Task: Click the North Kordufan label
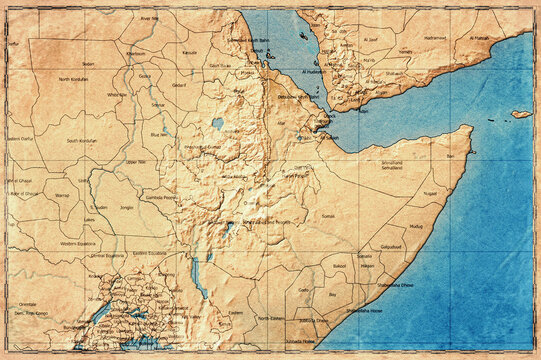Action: [74, 78]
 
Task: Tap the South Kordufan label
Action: [85, 141]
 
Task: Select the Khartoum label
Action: [136, 53]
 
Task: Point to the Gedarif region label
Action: [179, 86]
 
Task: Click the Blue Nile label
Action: [158, 133]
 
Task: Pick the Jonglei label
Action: [126, 208]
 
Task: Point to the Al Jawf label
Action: [371, 39]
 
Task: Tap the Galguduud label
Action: [391, 246]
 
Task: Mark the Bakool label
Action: [339, 266]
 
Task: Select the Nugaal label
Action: [431, 193]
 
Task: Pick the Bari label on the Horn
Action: [451, 157]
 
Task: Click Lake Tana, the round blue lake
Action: [218, 123]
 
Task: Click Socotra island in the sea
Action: [520, 114]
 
